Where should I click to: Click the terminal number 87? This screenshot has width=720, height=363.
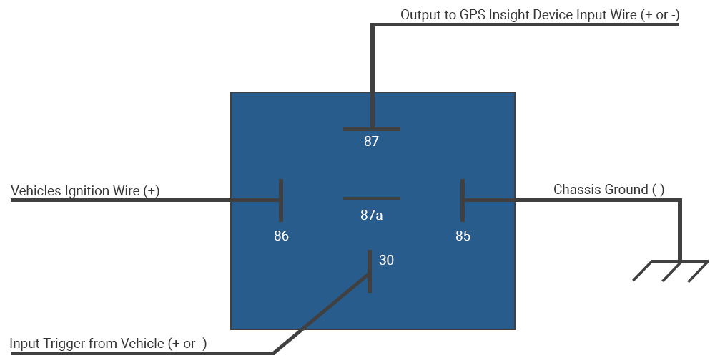point(371,142)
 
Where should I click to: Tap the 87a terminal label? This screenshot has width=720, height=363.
point(371,214)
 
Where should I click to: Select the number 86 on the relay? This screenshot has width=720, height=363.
point(281,236)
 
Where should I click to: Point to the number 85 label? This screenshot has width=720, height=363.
point(463,236)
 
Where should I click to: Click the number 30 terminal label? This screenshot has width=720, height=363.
point(386,261)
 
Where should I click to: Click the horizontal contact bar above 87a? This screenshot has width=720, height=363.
point(371,198)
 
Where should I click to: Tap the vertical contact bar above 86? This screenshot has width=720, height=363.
point(281,200)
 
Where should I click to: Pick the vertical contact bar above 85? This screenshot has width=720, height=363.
point(463,200)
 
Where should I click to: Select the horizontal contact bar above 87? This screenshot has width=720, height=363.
point(371,129)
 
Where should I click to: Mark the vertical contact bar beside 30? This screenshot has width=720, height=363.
point(370,271)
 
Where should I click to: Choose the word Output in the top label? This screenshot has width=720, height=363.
point(420,14)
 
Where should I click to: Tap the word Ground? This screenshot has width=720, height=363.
point(627,190)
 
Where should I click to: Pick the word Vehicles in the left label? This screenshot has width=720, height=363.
point(36,191)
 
